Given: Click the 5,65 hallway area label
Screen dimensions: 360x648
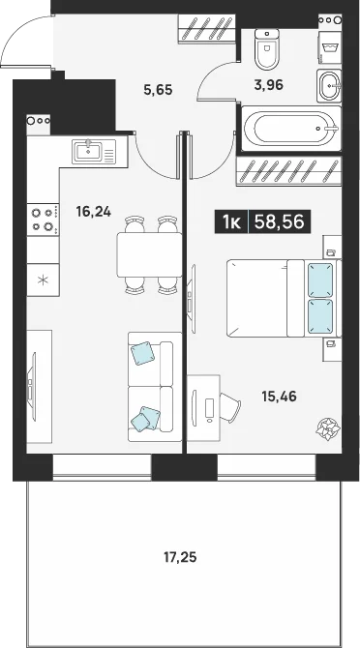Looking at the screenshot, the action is pos(158,89).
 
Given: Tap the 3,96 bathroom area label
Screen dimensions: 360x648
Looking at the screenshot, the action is pos(268,85).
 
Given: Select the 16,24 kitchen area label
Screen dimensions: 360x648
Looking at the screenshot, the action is pos(94,212).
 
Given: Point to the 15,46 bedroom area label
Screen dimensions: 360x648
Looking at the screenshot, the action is pos(279,397).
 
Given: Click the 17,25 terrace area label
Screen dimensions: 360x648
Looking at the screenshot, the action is pos(180,558).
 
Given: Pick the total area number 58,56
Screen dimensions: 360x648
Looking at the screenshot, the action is pos(279,221).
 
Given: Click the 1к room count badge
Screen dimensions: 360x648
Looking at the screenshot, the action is pos(231,221).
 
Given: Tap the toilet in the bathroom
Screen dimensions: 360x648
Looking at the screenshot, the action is pos(266,48).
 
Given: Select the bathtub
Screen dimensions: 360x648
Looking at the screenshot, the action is pos(291,129).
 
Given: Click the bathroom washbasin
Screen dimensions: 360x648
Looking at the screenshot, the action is pos(329,85).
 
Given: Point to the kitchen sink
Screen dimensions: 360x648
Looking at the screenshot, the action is pos(94,151).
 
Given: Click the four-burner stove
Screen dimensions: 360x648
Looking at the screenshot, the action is pos(43,220).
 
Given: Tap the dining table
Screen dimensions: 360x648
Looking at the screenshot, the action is pos(149,254).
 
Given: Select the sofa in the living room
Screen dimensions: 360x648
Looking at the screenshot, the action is pos(155,387).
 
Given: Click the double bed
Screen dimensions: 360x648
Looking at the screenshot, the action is pos(284,298).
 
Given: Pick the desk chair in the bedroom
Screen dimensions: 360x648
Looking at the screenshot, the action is pos(229,407).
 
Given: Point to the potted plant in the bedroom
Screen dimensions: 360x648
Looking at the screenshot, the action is pos(328,428).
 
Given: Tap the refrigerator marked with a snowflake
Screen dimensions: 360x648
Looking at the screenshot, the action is pos(43,280).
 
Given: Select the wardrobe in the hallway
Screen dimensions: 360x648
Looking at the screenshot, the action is pos(207,28).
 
